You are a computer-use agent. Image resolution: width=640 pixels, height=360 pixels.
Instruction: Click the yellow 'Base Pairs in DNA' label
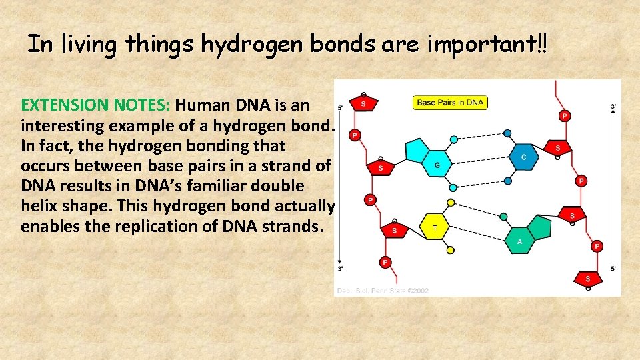point(451,103)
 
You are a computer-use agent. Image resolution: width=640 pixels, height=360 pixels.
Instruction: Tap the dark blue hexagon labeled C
point(523,157)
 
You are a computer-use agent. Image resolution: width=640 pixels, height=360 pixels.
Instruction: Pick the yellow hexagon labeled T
point(435,227)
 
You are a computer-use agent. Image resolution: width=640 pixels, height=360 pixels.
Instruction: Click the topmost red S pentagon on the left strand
point(363,103)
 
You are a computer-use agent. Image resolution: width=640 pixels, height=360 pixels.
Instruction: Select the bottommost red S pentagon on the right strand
point(588,278)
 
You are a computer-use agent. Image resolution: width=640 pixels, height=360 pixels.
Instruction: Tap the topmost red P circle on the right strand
point(565,116)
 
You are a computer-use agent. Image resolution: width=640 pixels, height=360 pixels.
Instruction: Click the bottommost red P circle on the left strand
point(384,261)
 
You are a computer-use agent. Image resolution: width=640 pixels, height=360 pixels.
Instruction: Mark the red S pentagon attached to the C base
point(557,147)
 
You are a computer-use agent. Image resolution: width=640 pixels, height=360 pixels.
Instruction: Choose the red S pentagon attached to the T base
point(394,231)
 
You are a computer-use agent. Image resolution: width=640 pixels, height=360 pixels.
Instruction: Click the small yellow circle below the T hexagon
point(451,251)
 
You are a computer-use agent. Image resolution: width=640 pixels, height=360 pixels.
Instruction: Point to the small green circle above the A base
point(503,217)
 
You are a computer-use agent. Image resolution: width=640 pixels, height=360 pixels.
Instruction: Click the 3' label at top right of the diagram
point(613,107)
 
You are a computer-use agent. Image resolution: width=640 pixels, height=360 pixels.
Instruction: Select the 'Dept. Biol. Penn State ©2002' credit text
point(383,291)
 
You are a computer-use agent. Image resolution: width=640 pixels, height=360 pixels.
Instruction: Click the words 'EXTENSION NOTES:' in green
point(97,105)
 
